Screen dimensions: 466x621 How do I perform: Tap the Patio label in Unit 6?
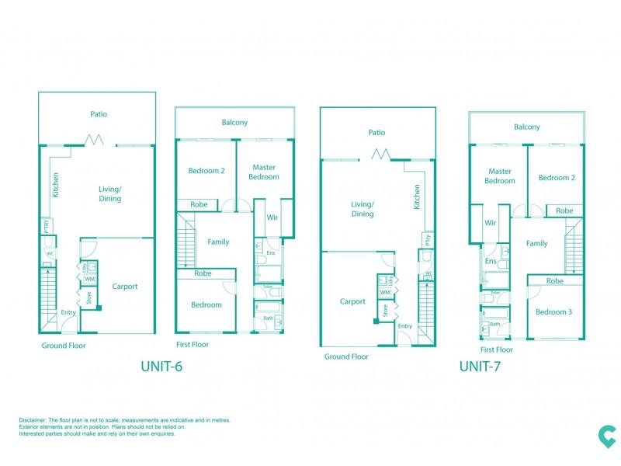coord(98,114)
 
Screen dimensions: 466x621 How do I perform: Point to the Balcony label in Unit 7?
coord(526,127)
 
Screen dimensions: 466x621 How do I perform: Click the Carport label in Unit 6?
coord(124,286)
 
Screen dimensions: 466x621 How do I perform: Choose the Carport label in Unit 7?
coord(352,301)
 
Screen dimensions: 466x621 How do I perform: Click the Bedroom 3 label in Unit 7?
coord(555,311)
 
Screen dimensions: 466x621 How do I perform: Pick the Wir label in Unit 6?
coord(272,218)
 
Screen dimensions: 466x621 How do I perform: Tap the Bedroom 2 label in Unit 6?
coord(206,171)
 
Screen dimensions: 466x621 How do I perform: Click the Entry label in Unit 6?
coord(69,312)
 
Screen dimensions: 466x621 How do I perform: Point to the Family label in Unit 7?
coord(536,243)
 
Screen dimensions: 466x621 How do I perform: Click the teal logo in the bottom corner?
coord(596,437)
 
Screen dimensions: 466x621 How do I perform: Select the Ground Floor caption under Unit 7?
coord(347,356)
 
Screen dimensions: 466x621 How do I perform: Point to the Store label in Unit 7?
coord(384,311)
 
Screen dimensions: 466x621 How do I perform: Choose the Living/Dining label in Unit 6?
coord(109,193)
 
